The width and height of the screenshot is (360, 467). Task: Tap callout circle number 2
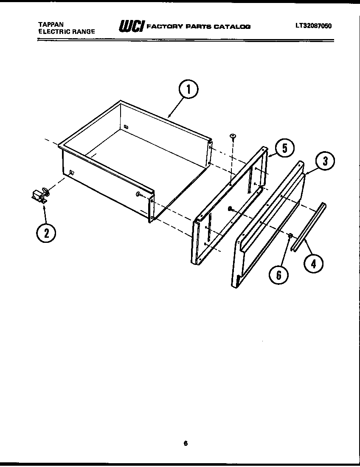46,232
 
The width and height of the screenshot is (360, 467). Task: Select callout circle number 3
324,161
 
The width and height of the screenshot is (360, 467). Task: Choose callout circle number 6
278,275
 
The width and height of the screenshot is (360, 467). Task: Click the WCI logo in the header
130,26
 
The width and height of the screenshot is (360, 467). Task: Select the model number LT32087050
314,25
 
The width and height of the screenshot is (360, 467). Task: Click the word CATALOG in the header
232,27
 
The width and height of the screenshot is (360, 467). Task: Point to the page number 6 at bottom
186,444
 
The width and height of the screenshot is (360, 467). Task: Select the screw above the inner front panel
233,136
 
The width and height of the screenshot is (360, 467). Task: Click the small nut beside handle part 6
290,236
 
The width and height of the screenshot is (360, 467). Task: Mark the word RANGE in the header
83,31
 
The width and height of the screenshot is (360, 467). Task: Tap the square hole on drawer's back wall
126,127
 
